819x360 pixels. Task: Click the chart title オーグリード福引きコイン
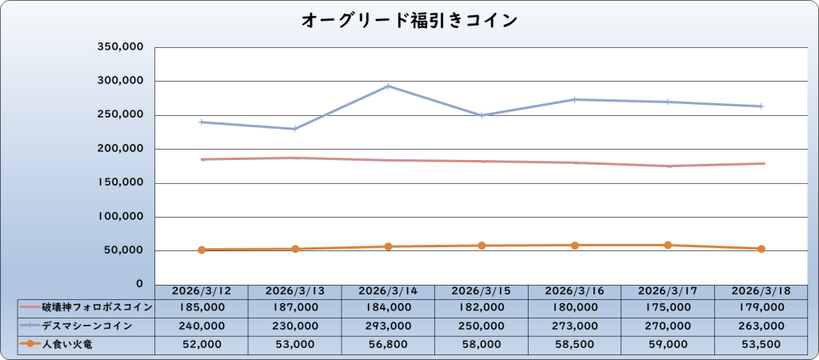tap(409, 20)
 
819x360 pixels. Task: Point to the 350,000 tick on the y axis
tap(120, 47)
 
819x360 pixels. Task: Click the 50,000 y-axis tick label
tap(123, 250)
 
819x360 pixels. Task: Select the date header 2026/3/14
tap(388, 291)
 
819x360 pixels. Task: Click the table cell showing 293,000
tap(388, 326)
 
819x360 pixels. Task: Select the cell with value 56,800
tap(388, 345)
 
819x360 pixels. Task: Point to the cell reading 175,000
tap(667, 306)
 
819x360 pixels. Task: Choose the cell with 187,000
tap(294, 306)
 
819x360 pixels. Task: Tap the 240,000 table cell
tap(202, 326)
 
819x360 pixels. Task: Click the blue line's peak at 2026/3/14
tap(388, 86)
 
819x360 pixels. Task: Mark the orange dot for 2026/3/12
tap(202, 250)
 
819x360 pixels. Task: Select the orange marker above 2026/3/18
tap(761, 249)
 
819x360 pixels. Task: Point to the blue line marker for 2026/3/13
tap(294, 129)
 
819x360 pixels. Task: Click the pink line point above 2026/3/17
tap(667, 166)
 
